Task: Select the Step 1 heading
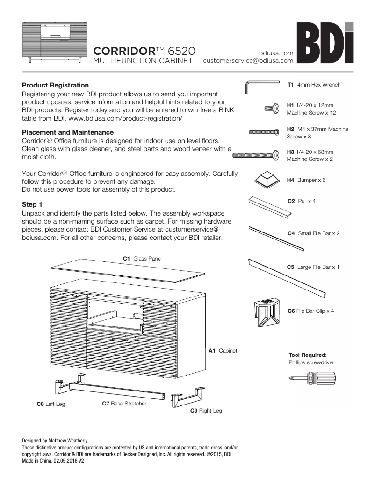[32, 204]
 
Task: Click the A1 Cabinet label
[223, 350]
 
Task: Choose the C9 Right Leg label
[206, 411]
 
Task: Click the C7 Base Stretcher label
[124, 403]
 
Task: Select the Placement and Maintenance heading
[68, 132]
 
